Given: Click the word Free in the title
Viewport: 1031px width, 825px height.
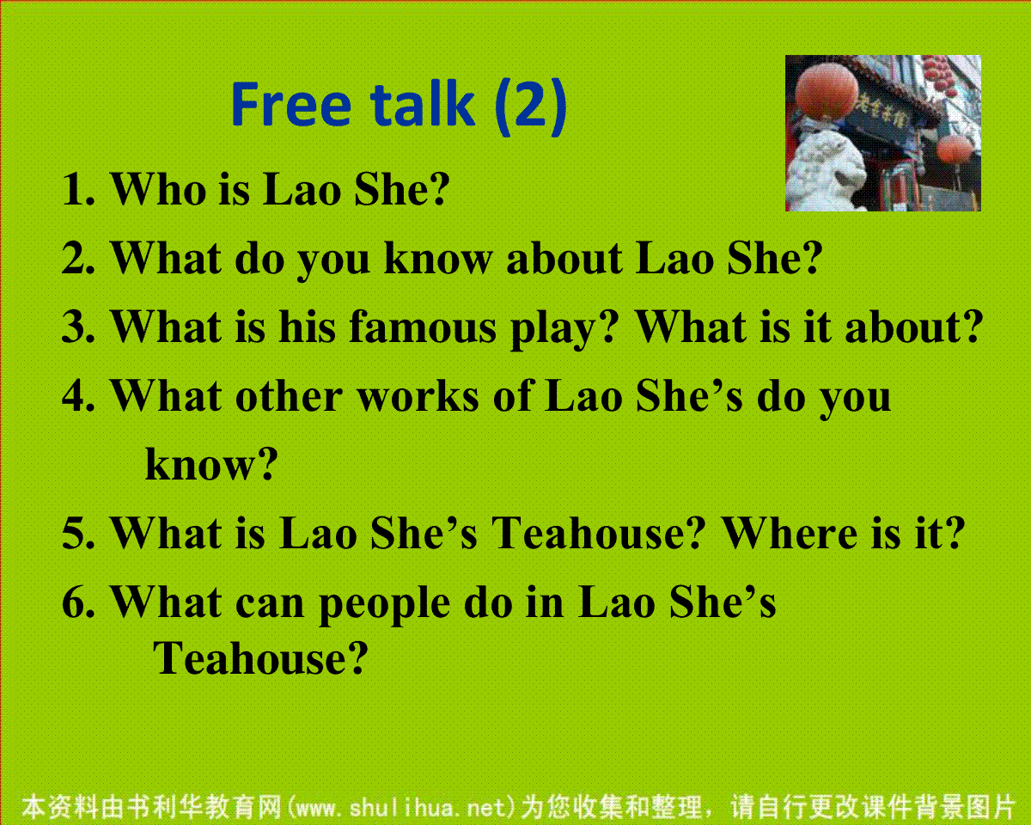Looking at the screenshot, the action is (x=291, y=105).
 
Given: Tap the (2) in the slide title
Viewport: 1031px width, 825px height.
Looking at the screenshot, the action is (x=531, y=107).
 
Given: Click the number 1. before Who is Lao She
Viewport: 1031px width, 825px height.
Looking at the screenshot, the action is (x=78, y=189).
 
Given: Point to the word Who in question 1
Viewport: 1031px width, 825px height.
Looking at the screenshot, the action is (x=158, y=188).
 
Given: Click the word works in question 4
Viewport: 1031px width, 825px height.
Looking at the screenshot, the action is (x=418, y=397).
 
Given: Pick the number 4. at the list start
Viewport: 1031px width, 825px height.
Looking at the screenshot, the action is (x=78, y=397).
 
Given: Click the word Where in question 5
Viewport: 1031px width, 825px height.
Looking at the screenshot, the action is (x=789, y=533).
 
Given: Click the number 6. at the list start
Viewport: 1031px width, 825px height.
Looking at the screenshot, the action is (x=78, y=602).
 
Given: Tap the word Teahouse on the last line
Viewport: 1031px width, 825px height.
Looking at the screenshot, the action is (x=260, y=658).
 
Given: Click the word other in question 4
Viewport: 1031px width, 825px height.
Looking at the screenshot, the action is (x=289, y=397).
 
